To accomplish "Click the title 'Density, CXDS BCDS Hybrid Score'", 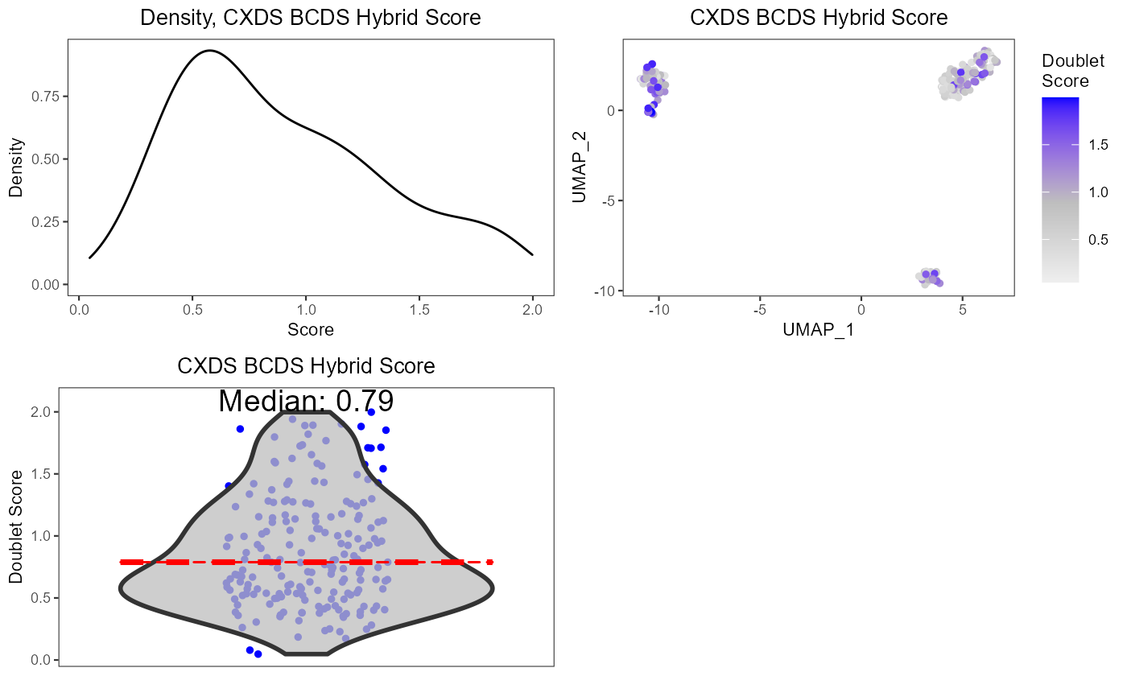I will [x=311, y=18].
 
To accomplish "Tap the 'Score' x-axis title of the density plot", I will [x=311, y=329].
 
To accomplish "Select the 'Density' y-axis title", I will [x=15, y=167].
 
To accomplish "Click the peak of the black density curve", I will [x=209, y=51].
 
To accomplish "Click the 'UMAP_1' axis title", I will [x=818, y=329].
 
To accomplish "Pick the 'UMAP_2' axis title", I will [x=580, y=167].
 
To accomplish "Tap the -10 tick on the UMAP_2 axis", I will [x=601, y=291].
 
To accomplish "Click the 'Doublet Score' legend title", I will [x=1065, y=71].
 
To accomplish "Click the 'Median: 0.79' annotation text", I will [x=306, y=401].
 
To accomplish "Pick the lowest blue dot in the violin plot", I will [x=258, y=654].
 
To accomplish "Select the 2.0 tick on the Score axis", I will [x=532, y=308].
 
